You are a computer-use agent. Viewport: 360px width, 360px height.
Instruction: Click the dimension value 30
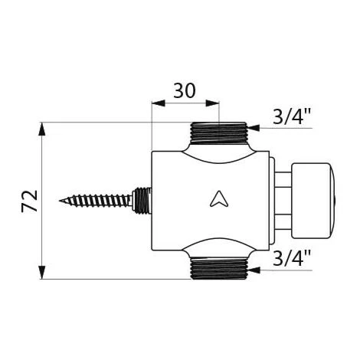[x=185, y=91]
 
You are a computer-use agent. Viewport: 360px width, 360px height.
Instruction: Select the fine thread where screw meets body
[x=140, y=201]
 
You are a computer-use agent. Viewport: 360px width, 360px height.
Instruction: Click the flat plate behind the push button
[x=273, y=200]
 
